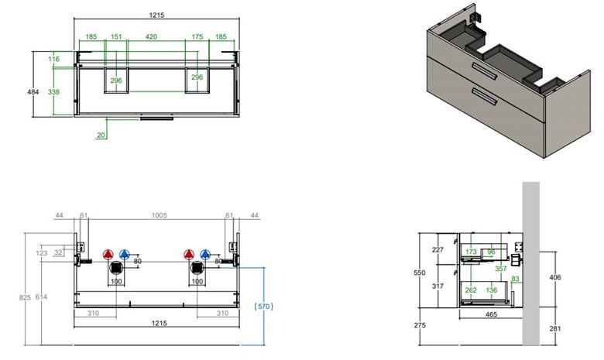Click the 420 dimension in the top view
pyautogui.click(x=151, y=36)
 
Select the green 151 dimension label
pyautogui.click(x=116, y=36)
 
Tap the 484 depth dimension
pyautogui.click(x=33, y=92)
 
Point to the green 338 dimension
pyautogui.click(x=53, y=92)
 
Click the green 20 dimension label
pyautogui.click(x=101, y=135)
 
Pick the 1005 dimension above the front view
pyautogui.click(x=159, y=215)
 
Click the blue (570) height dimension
pyautogui.click(x=264, y=307)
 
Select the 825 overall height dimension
pyautogui.click(x=25, y=297)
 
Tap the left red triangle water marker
pyautogui.click(x=108, y=255)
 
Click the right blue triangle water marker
pyautogui.click(x=205, y=255)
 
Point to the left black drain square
pyautogui.click(x=116, y=267)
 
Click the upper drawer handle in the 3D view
pyautogui.click(x=484, y=72)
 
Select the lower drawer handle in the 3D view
pyautogui.click(x=484, y=96)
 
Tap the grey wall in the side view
pyautogui.click(x=530, y=264)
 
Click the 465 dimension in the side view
pyautogui.click(x=491, y=314)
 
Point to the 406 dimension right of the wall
pyautogui.click(x=555, y=277)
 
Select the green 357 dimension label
pyautogui.click(x=501, y=269)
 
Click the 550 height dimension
pyautogui.click(x=420, y=273)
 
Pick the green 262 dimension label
pyautogui.click(x=471, y=290)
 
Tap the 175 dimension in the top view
pyautogui.click(x=197, y=36)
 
